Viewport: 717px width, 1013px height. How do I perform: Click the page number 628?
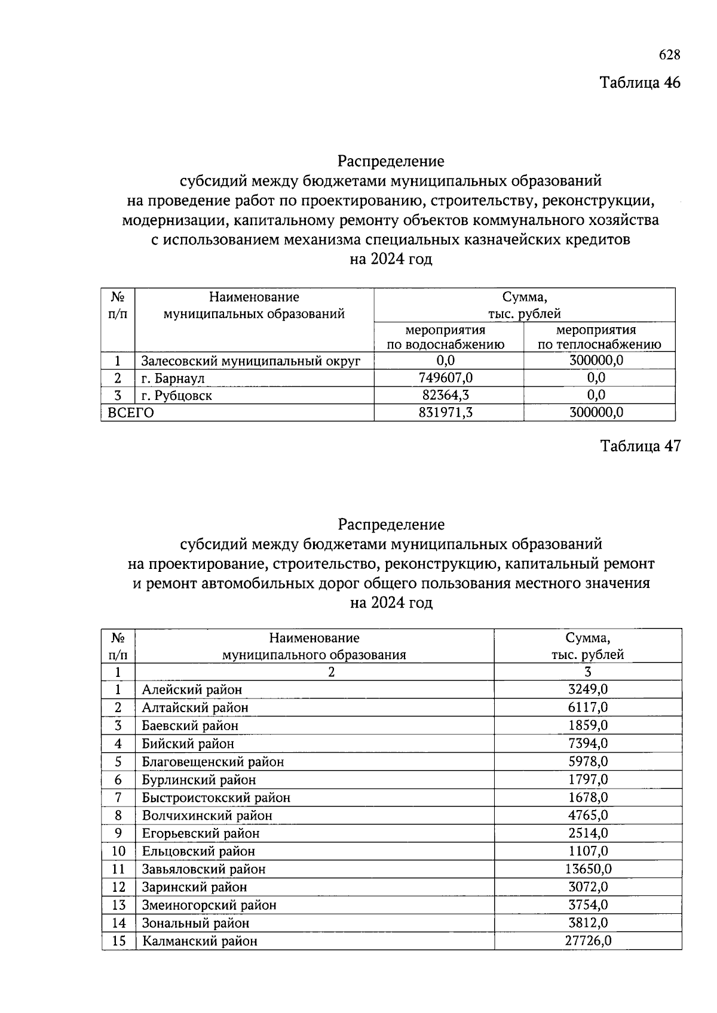(x=669, y=55)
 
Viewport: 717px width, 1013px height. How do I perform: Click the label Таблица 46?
(x=640, y=82)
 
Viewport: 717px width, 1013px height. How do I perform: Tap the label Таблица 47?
(x=640, y=446)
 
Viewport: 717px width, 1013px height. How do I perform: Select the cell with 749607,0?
(x=448, y=378)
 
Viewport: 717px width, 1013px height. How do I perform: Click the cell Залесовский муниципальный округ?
(x=251, y=361)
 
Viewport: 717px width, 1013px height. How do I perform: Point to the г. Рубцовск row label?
(x=177, y=396)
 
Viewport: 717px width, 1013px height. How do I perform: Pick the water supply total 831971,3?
(x=448, y=412)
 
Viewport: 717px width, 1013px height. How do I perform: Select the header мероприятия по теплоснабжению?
(x=599, y=337)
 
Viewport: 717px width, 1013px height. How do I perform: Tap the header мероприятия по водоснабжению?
(x=448, y=337)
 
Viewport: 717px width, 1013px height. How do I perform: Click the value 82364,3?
(x=448, y=395)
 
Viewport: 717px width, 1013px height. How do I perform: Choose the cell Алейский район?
(x=192, y=690)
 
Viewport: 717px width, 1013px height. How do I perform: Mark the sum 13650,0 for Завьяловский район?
(x=588, y=869)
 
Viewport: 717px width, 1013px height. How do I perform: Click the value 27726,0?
(x=588, y=941)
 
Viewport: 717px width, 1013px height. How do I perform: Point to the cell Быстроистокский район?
(x=216, y=798)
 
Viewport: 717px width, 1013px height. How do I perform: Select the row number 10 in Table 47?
(x=118, y=851)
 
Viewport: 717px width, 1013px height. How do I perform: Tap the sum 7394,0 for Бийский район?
(x=588, y=744)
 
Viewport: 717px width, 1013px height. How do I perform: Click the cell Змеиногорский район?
(x=209, y=905)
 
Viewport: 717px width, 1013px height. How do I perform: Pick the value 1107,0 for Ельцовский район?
(x=588, y=851)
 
